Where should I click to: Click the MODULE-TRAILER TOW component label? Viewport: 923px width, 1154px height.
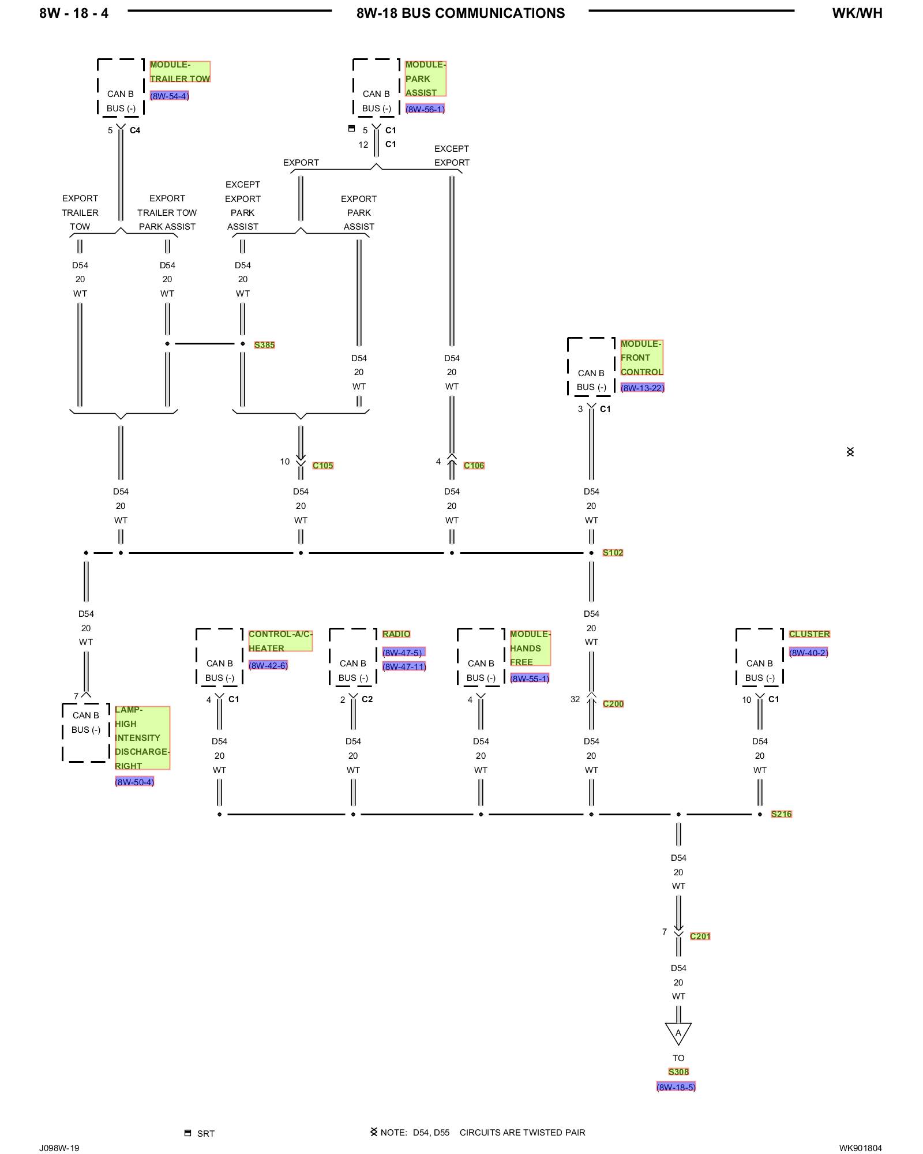point(179,72)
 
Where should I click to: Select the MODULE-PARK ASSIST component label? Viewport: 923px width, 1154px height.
point(425,78)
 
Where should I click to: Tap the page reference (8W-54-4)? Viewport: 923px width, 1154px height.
point(169,96)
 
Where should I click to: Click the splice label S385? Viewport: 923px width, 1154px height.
point(264,345)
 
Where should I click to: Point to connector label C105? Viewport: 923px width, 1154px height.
point(322,466)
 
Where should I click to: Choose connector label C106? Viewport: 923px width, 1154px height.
point(474,466)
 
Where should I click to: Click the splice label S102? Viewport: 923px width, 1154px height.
point(613,553)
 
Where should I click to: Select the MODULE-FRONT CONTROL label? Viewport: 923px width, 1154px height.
point(641,358)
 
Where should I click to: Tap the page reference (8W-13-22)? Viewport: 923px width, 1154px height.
point(642,388)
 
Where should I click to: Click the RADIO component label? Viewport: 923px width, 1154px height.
point(396,634)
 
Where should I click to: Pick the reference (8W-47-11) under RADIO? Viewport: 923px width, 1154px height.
point(404,666)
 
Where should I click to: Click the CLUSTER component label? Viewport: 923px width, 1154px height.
point(809,634)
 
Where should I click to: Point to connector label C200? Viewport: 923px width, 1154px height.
point(613,704)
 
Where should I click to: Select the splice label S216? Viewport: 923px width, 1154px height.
point(781,814)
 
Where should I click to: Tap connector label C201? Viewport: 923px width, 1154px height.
point(700,936)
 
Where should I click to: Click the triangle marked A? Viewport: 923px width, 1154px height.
point(678,1032)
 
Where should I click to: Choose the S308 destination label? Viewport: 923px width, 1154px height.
point(678,1071)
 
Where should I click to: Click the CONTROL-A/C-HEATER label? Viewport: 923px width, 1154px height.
point(280,641)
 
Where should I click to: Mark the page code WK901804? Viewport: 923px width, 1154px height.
point(860,1148)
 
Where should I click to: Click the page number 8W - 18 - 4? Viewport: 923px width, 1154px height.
point(74,13)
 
